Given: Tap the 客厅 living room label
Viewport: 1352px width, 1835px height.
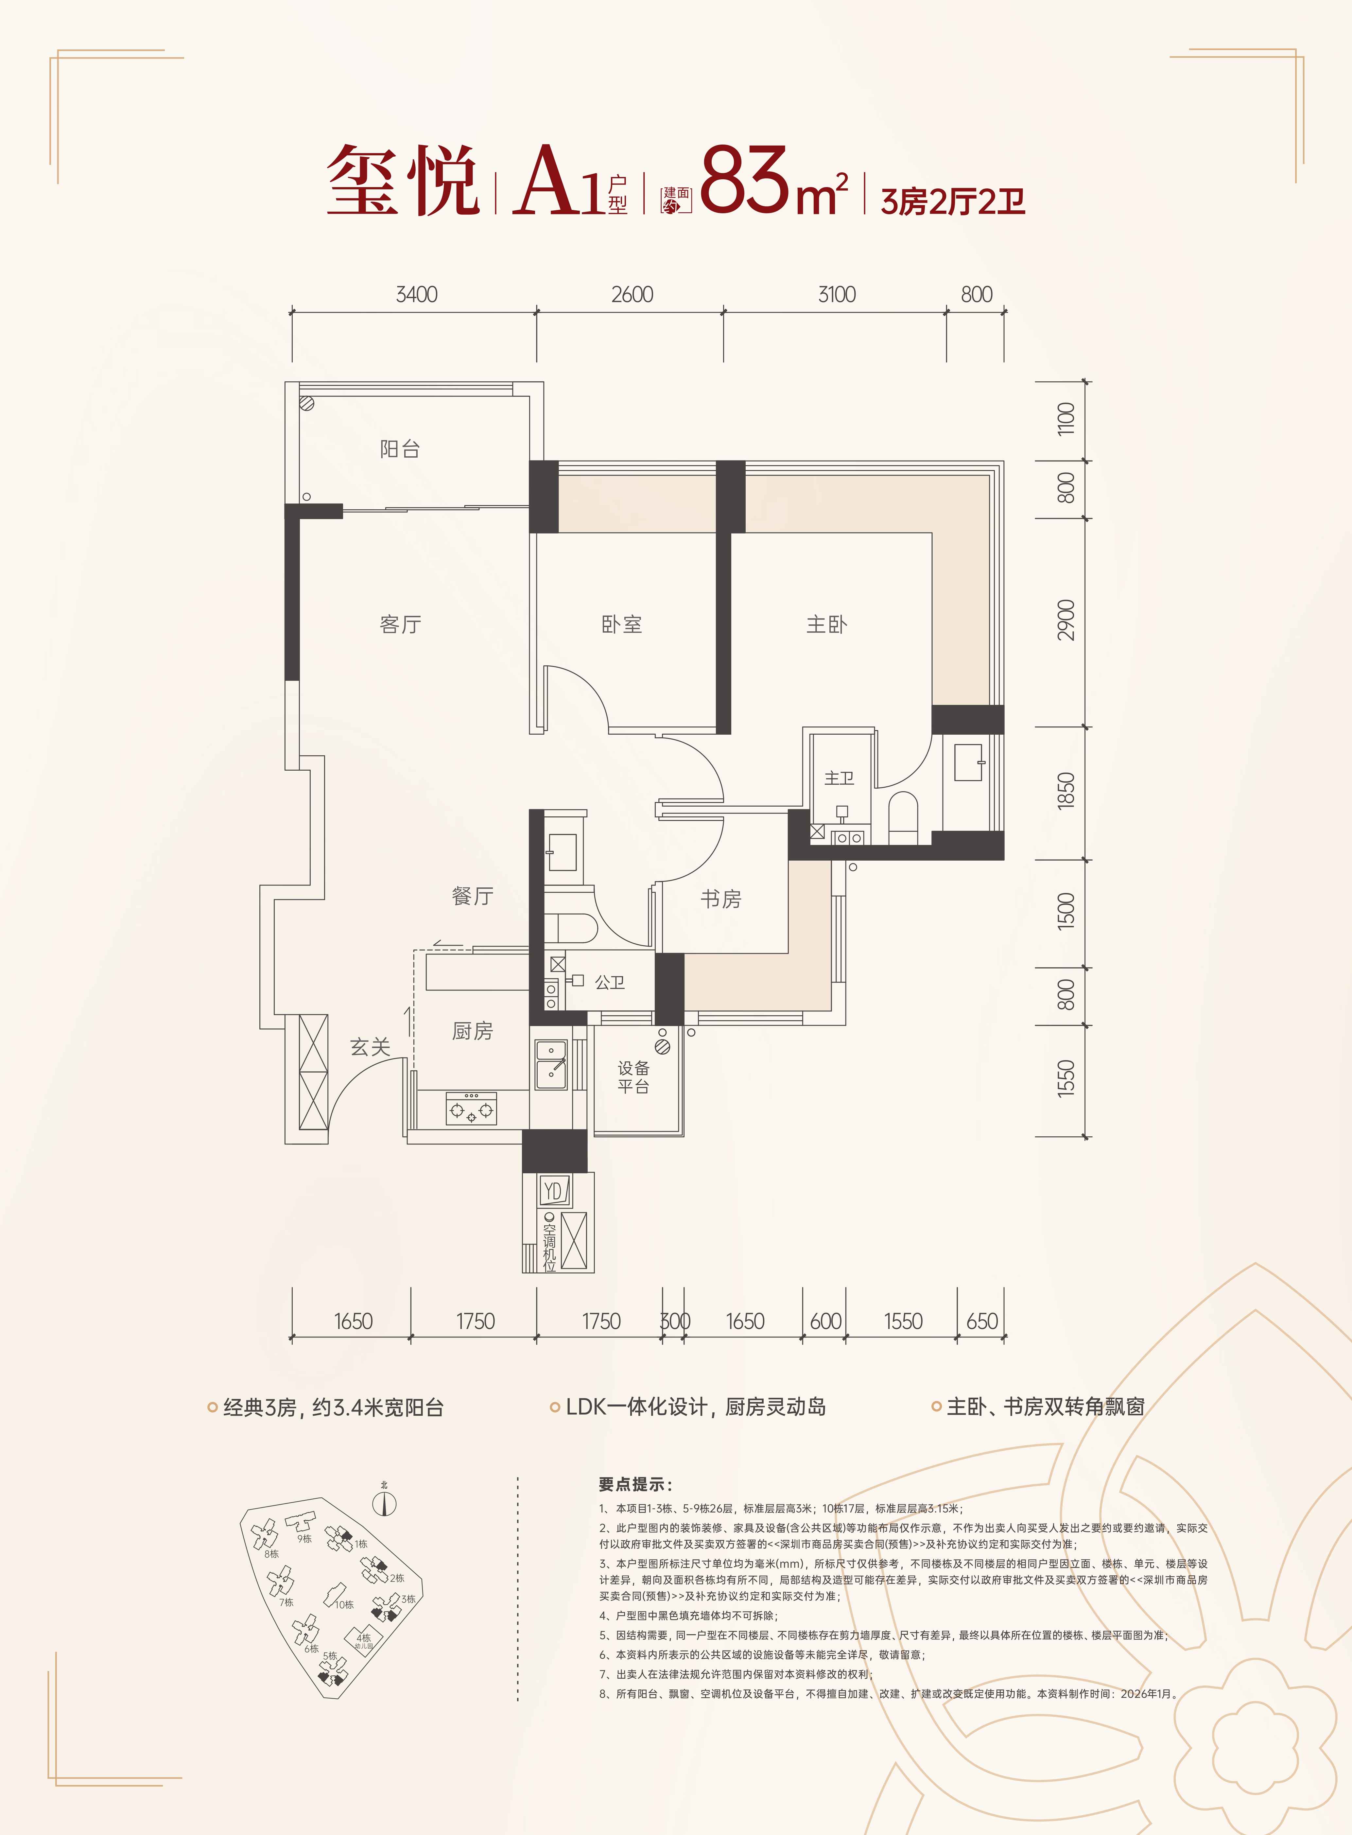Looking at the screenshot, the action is (x=400, y=624).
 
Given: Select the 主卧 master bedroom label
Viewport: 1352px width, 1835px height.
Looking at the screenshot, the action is (x=826, y=624).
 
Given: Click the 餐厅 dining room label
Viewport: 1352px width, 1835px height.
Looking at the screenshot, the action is (x=472, y=896).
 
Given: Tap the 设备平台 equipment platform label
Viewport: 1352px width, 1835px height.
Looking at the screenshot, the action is (x=633, y=1077).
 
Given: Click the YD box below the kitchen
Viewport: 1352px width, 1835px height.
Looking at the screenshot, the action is (x=553, y=1191).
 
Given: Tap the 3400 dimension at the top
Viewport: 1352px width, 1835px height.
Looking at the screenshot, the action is (x=417, y=295).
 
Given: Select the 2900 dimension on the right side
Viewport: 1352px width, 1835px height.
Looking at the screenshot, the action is (x=1066, y=620).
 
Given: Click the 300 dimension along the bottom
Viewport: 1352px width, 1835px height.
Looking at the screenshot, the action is (x=675, y=1321).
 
